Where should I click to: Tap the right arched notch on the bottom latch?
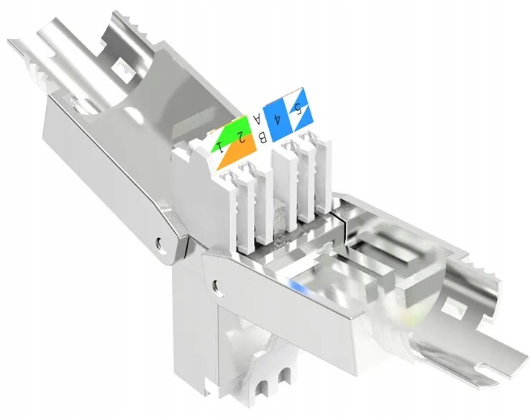tap(288, 375)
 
